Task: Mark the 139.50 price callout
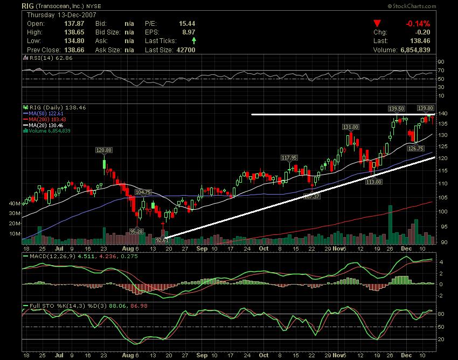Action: pos(398,108)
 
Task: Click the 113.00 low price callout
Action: pos(374,182)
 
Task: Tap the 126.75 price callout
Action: pos(415,148)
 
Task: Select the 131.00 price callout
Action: pos(351,127)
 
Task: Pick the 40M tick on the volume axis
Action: pos(15,204)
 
